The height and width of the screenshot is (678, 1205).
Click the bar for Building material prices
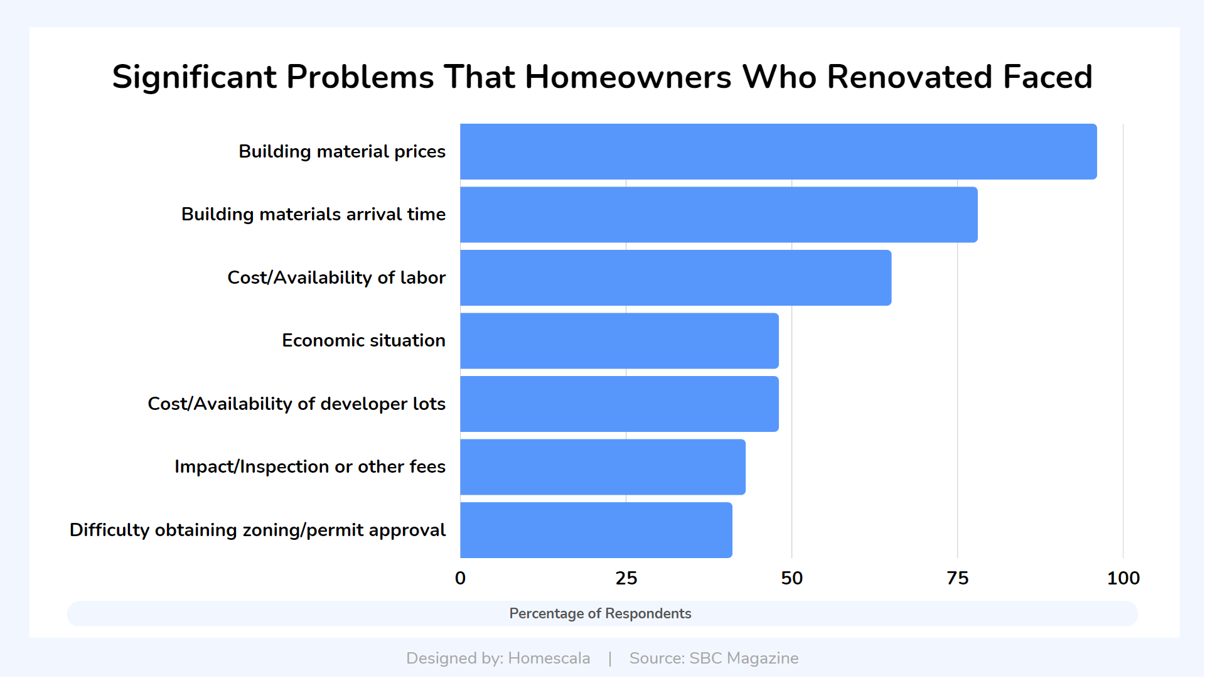(x=778, y=151)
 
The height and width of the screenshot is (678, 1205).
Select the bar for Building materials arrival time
(x=719, y=215)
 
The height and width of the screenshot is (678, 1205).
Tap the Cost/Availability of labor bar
(x=676, y=277)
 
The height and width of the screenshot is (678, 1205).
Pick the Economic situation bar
(x=619, y=341)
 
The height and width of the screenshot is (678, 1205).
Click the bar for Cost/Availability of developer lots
(x=619, y=404)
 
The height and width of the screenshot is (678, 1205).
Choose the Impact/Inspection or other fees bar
(x=602, y=467)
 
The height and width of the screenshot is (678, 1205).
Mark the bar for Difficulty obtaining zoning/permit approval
(x=596, y=530)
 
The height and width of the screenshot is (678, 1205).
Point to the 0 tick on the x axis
(x=460, y=578)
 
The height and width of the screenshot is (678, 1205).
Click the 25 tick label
(x=626, y=578)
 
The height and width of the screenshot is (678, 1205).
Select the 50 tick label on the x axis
(x=791, y=578)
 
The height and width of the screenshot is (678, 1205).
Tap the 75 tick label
(x=957, y=578)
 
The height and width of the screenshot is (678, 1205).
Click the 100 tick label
(x=1123, y=578)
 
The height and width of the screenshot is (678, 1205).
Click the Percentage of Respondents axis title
(x=600, y=613)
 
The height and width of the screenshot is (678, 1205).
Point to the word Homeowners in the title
(x=628, y=77)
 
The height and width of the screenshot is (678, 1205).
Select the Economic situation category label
(x=363, y=340)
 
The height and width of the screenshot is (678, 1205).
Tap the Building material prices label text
(x=342, y=152)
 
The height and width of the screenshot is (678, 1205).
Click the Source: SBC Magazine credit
(x=714, y=658)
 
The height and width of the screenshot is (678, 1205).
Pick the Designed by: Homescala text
(x=498, y=658)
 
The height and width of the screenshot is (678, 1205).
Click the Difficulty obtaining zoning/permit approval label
(x=257, y=530)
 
